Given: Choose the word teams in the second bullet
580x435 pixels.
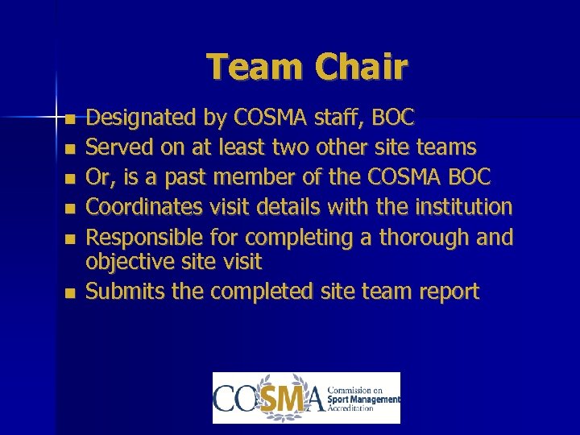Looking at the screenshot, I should pos(447,148).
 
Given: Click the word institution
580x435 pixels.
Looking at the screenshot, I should pos(463,208).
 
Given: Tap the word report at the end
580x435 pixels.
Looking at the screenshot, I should pos(448,292).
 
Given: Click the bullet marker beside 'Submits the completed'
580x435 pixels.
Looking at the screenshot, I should pos(71,293).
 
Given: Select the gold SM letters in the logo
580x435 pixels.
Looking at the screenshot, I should pos(285,398).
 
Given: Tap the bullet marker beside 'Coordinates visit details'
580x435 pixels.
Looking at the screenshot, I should pos(71,209).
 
